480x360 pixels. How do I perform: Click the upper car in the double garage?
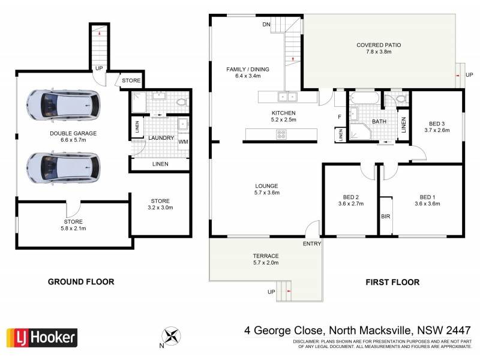(64, 105)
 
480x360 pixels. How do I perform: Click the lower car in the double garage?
(64, 166)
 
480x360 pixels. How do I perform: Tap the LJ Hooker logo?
(41, 337)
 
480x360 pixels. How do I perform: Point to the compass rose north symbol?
(172, 335)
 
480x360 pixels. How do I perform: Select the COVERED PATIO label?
(379, 49)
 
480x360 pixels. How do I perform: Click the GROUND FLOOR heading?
(81, 281)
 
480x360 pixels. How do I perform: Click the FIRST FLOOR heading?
(393, 281)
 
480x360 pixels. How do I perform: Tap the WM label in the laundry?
(183, 142)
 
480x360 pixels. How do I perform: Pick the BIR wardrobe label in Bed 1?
(385, 215)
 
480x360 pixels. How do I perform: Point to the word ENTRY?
(312, 243)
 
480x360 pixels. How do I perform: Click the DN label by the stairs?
(266, 25)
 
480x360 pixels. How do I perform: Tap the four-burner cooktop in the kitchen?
(281, 135)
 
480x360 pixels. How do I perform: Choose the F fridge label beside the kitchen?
(340, 116)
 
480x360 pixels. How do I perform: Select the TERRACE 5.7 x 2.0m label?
(265, 259)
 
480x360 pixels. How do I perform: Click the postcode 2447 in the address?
(458, 330)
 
